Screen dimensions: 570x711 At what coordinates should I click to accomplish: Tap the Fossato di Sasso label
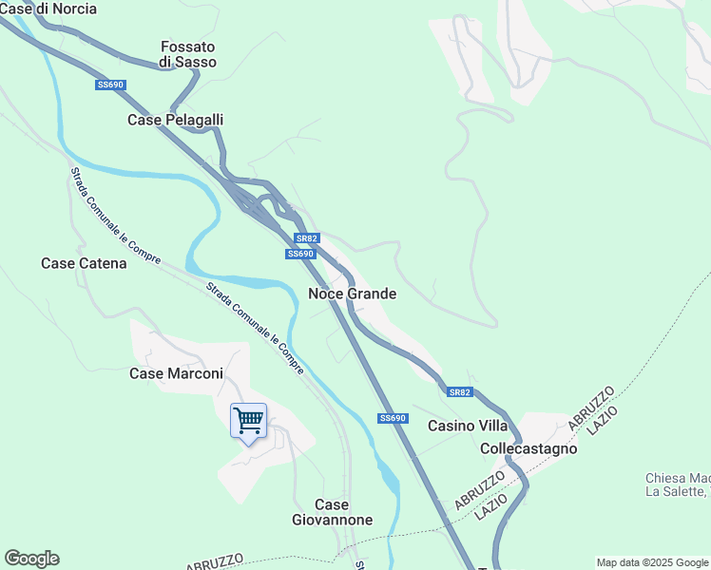coord(188,54)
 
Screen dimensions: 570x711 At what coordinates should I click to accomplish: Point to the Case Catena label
coord(84,263)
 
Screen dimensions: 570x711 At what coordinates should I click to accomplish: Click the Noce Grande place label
coord(352,294)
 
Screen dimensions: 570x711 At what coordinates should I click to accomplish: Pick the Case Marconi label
coord(176,373)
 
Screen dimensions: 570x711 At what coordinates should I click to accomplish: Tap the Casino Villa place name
coord(468,425)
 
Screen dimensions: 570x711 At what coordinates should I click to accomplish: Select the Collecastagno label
coord(529,447)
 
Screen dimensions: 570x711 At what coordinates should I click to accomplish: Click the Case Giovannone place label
coord(332,512)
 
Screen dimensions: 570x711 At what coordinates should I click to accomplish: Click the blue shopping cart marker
coord(248,419)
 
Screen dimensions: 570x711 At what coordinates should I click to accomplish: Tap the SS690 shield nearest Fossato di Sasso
coord(110,85)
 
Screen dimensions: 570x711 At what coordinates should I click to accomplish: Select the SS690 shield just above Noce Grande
coord(300,254)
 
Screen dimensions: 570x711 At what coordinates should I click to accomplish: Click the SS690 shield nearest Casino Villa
coord(393,418)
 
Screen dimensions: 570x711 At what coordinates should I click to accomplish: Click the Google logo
coord(31,559)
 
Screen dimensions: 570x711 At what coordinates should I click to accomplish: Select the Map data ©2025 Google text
coord(652,562)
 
